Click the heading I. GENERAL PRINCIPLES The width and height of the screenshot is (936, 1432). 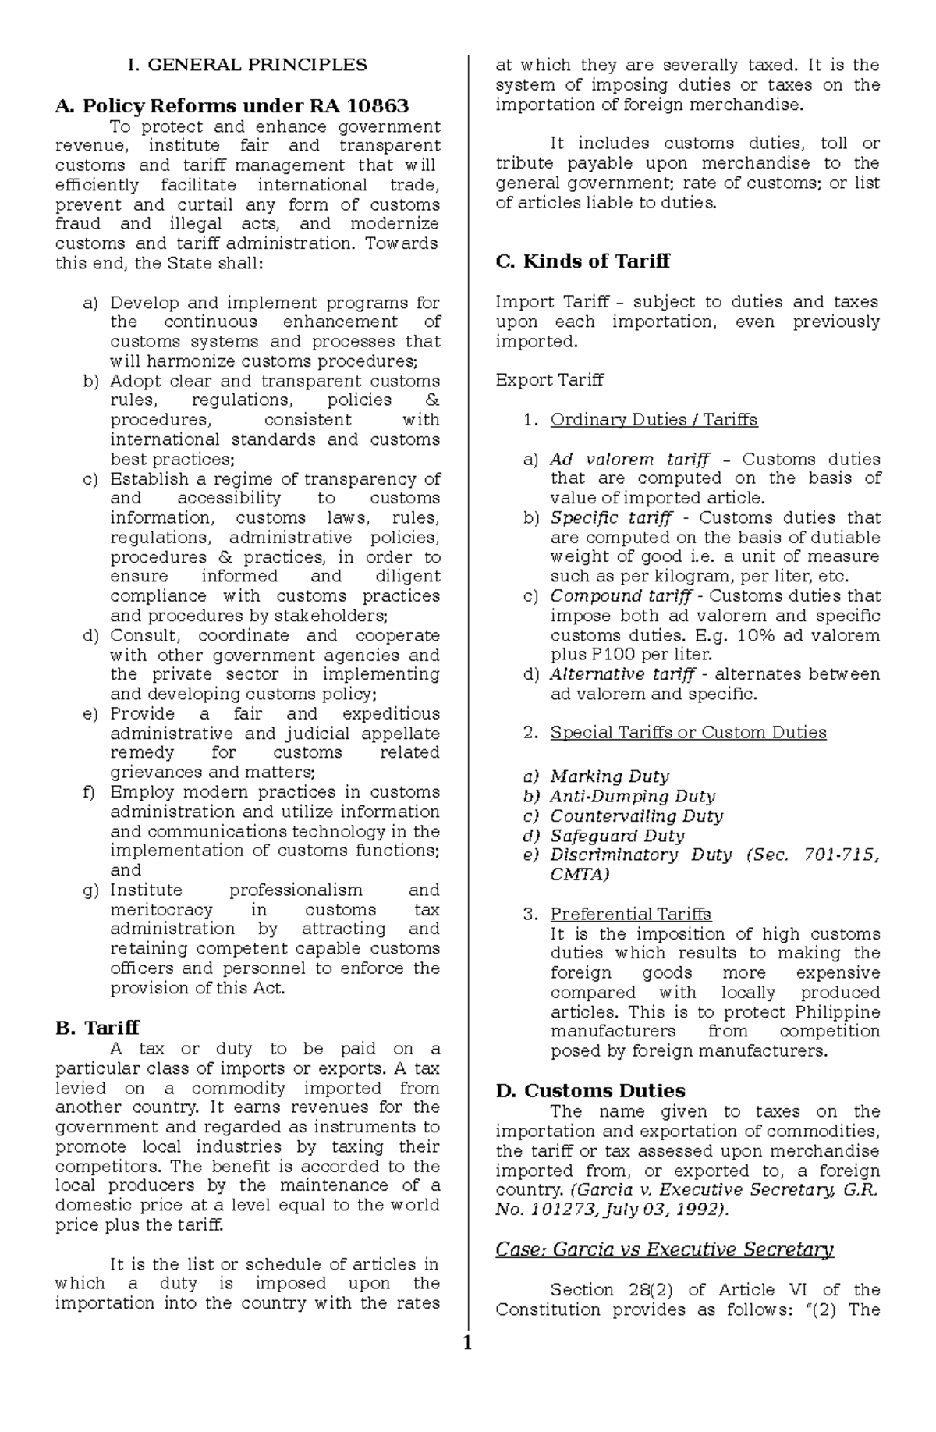[247, 65]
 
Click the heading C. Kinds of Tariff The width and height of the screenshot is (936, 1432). [582, 261]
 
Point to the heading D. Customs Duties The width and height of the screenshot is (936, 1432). [590, 1090]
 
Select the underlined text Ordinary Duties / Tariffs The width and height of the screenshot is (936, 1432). [654, 420]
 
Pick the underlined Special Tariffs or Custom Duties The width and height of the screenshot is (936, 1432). [688, 732]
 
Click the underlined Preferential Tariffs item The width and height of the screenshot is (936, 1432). [630, 914]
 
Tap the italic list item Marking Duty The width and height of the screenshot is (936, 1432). [609, 776]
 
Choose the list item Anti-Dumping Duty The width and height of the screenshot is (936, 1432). [633, 796]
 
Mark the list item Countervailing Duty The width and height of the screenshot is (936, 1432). [636, 816]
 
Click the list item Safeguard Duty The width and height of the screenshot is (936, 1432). [617, 836]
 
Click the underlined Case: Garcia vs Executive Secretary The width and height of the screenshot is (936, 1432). [665, 1249]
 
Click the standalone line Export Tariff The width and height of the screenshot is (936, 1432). [549, 381]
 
